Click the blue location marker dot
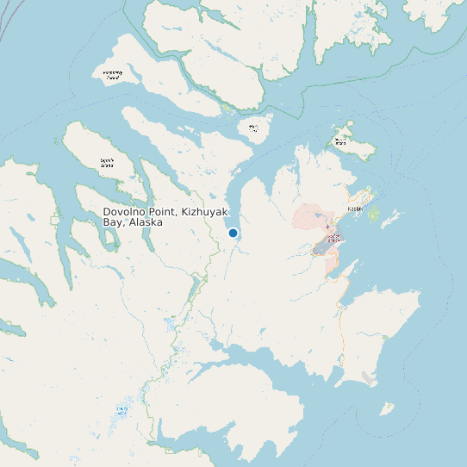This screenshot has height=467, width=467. click(233, 233)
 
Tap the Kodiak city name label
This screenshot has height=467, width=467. click(355, 209)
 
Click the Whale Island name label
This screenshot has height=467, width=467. click(253, 128)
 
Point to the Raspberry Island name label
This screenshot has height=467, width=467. click(113, 75)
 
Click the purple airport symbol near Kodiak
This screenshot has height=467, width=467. click(327, 227)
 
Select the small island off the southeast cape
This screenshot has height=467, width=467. click(387, 408)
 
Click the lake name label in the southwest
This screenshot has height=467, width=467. click(122, 411)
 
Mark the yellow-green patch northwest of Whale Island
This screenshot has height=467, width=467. click(227, 109)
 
